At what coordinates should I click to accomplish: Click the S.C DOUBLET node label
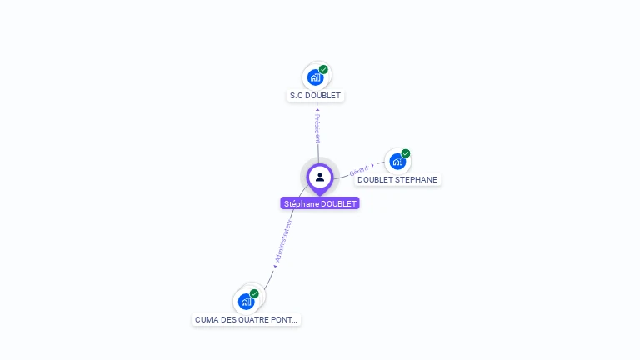click(315, 96)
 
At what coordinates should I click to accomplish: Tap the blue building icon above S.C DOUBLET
click(315, 77)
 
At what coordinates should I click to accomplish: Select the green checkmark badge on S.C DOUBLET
click(323, 70)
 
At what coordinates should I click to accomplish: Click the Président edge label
click(317, 128)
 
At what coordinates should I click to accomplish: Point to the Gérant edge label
click(359, 169)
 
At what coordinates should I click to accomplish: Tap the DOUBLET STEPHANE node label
click(397, 179)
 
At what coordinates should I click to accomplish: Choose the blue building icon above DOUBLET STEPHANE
click(397, 161)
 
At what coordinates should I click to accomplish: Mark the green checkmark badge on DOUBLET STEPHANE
click(406, 153)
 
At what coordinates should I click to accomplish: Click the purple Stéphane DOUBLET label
click(320, 203)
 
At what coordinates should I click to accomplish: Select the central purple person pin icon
click(320, 177)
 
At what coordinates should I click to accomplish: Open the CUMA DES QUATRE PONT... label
click(246, 319)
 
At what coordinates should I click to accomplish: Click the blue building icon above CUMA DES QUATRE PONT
click(246, 301)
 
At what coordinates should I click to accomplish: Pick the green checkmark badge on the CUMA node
click(254, 293)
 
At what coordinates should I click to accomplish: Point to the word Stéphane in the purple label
click(301, 203)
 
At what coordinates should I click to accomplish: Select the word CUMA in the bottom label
click(205, 319)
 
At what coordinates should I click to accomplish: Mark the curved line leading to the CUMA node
click(270, 276)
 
